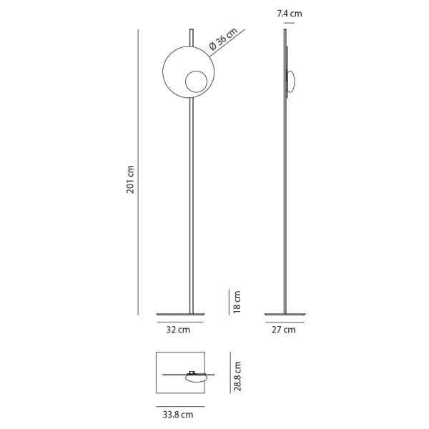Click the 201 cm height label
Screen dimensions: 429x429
[x=131, y=179]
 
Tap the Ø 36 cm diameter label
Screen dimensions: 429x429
[x=223, y=39]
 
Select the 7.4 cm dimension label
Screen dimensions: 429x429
[x=290, y=14]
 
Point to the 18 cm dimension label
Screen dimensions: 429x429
[x=237, y=302]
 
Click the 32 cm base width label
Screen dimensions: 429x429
[x=178, y=330]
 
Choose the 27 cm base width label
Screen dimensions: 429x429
[x=284, y=330]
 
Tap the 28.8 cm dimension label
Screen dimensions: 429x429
[x=237, y=376]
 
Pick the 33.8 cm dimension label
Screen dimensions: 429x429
[x=178, y=415]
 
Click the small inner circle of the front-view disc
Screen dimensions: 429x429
[x=196, y=82]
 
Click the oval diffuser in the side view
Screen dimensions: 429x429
[x=290, y=82]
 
